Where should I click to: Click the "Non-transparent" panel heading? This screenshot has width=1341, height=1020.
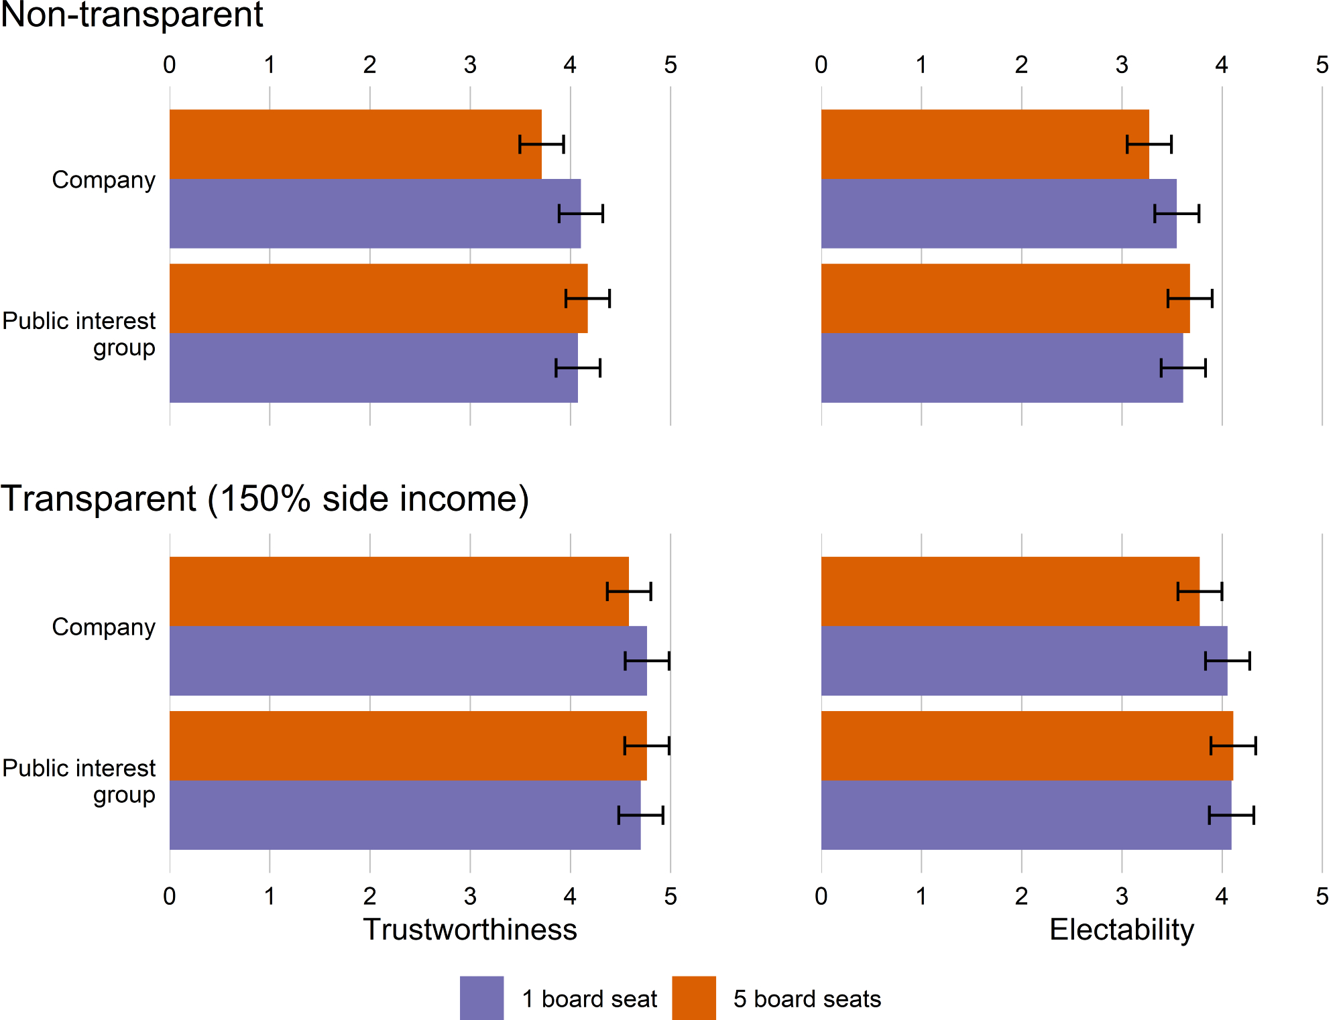pos(131,15)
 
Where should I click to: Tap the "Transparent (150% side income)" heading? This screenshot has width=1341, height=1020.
pos(265,499)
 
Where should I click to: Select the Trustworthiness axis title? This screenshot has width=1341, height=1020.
pos(469,930)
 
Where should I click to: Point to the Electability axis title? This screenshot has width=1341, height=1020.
pos(1121,930)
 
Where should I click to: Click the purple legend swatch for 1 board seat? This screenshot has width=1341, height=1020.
pos(481,998)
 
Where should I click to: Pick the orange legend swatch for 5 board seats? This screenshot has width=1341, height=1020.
pos(694,998)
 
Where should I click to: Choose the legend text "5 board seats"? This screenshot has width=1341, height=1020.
pos(807,999)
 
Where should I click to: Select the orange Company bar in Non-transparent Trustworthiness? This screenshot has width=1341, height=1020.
pos(355,144)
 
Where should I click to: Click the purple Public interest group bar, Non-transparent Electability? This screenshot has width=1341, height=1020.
pos(1002,368)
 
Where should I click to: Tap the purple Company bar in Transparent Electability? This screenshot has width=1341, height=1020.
pos(1024,661)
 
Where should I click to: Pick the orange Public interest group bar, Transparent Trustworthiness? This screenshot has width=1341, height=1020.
pos(408,745)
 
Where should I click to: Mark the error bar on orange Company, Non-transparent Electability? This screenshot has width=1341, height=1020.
pos(1149,144)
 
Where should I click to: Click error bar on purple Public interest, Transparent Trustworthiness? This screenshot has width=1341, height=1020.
pos(640,816)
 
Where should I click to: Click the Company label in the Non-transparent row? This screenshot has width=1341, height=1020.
pos(103,180)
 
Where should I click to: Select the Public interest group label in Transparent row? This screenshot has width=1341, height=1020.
pos(79,781)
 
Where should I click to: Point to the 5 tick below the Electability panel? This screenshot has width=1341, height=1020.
pos(1322,896)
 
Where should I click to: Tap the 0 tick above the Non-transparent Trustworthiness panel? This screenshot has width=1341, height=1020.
pos(170,65)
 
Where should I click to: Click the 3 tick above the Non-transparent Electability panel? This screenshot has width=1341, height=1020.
pos(1122,65)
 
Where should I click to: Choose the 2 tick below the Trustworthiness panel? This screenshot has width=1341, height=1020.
pos(370,896)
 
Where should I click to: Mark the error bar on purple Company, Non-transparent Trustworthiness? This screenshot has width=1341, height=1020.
pos(581,214)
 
